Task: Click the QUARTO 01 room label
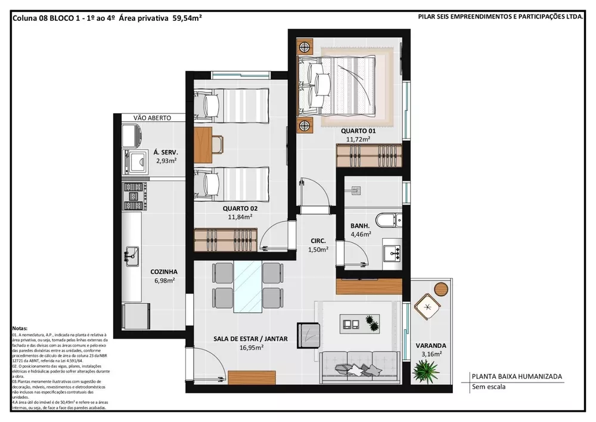click(x=358, y=131)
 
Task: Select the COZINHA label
click(x=163, y=271)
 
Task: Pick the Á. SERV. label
click(x=165, y=152)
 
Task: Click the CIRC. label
click(x=318, y=241)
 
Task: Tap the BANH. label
click(x=360, y=226)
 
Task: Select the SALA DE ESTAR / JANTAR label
click(x=250, y=338)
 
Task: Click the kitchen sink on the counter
click(x=131, y=255)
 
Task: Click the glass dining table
click(x=247, y=285)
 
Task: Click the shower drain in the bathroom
click(x=356, y=190)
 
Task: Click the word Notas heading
click(x=20, y=329)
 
